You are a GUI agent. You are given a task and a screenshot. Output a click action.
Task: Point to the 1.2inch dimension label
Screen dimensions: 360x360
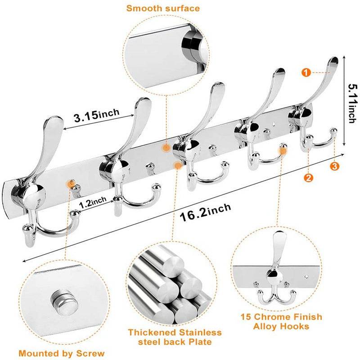93,203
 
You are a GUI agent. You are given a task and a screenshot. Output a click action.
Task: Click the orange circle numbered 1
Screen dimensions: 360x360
306,73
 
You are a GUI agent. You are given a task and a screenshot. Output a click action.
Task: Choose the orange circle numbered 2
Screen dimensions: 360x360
308,177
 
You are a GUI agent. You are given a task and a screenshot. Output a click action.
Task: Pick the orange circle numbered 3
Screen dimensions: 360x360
334,166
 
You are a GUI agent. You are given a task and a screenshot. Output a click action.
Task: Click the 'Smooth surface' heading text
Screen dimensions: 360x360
163,8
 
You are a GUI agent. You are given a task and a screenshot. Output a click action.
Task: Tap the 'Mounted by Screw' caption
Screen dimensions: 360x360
62,353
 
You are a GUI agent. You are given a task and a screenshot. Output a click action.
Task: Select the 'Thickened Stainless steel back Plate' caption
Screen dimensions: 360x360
175,337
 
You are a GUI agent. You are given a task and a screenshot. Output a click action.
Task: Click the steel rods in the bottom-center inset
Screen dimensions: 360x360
171,281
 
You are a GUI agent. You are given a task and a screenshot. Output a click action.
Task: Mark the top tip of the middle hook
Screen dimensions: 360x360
218,86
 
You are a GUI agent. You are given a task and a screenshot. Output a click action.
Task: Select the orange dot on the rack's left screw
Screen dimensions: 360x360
70,183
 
